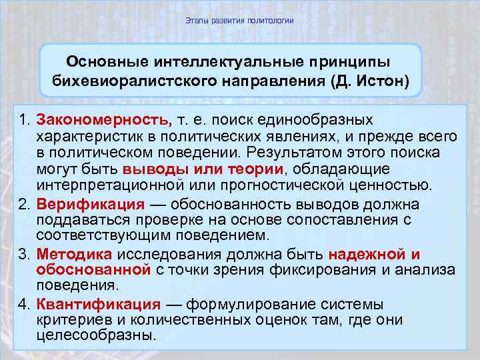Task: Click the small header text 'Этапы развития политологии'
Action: pos(239,21)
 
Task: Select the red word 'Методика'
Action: pos(75,255)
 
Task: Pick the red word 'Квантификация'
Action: pos(98,305)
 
